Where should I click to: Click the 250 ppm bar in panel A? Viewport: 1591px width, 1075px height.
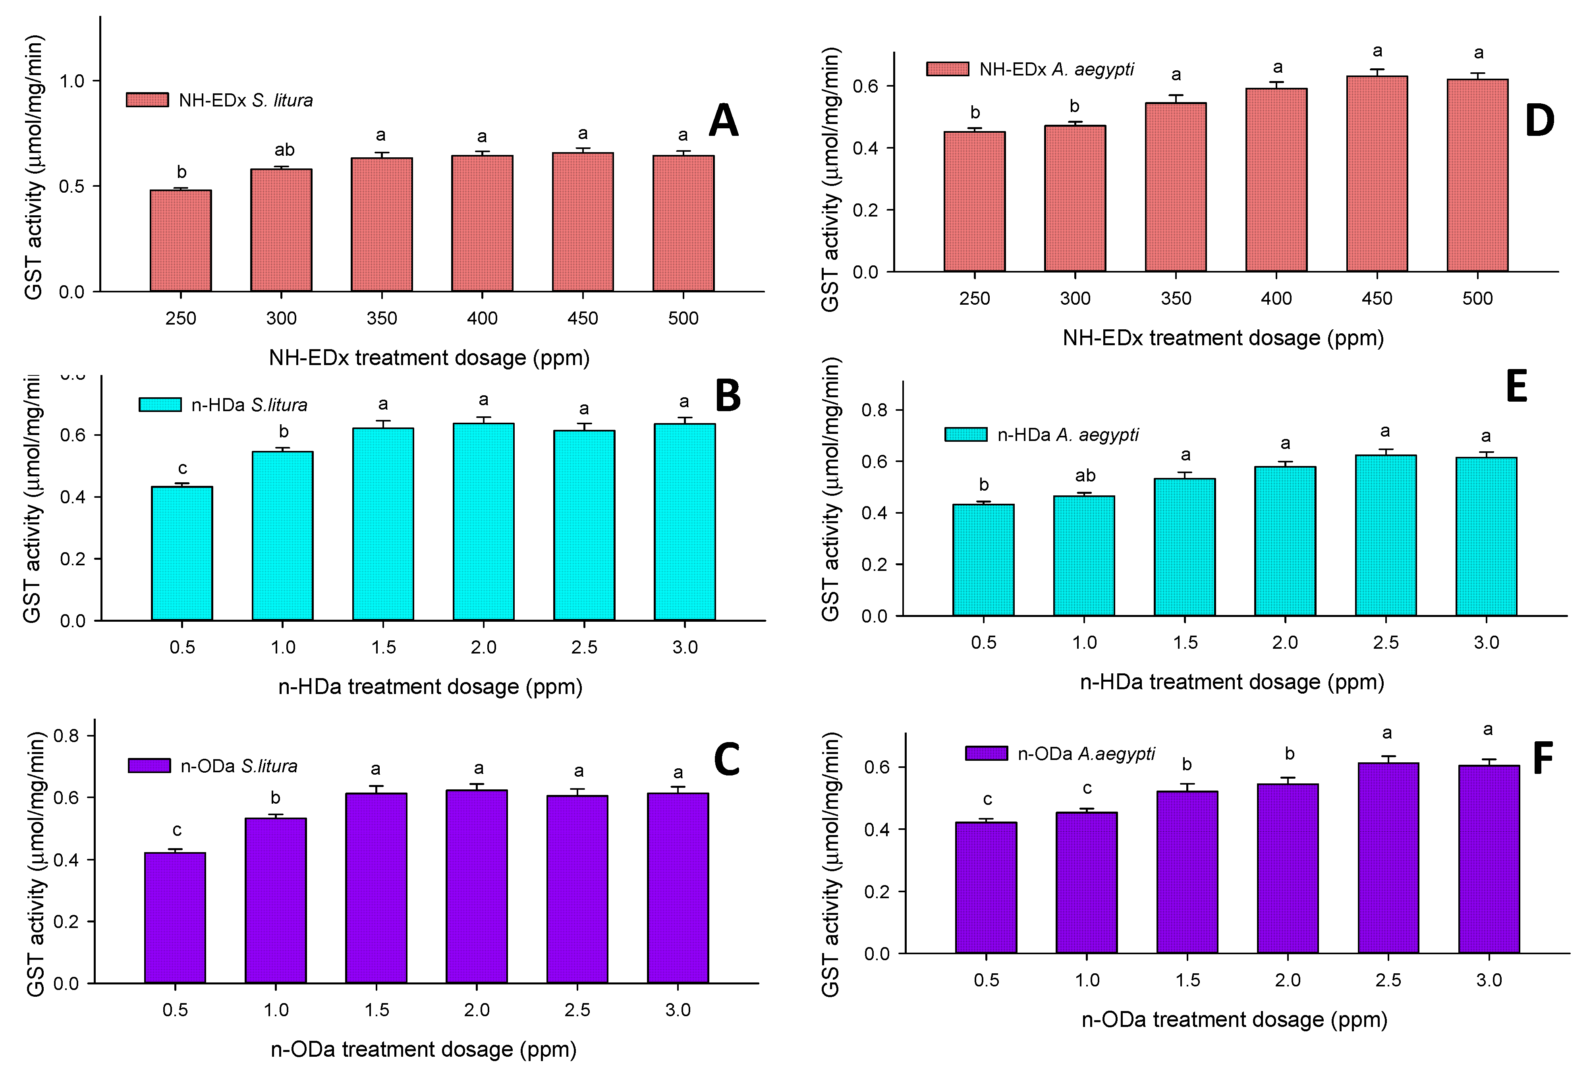(x=181, y=241)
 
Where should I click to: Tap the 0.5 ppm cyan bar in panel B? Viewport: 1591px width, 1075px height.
(x=182, y=553)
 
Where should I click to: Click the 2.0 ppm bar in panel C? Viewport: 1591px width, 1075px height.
(x=477, y=887)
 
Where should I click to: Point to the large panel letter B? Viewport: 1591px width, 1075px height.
(x=728, y=396)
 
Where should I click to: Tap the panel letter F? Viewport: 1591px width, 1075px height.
(x=1542, y=759)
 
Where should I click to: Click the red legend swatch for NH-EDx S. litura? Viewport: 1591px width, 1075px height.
(x=147, y=100)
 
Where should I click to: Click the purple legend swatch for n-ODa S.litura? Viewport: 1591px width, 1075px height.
(x=149, y=766)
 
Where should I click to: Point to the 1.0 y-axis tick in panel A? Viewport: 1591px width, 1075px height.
(x=72, y=81)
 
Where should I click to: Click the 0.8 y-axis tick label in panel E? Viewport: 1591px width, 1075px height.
(x=874, y=410)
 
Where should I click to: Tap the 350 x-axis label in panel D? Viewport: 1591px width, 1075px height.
(x=1176, y=298)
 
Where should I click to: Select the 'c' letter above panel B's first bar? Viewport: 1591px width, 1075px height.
(x=183, y=468)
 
